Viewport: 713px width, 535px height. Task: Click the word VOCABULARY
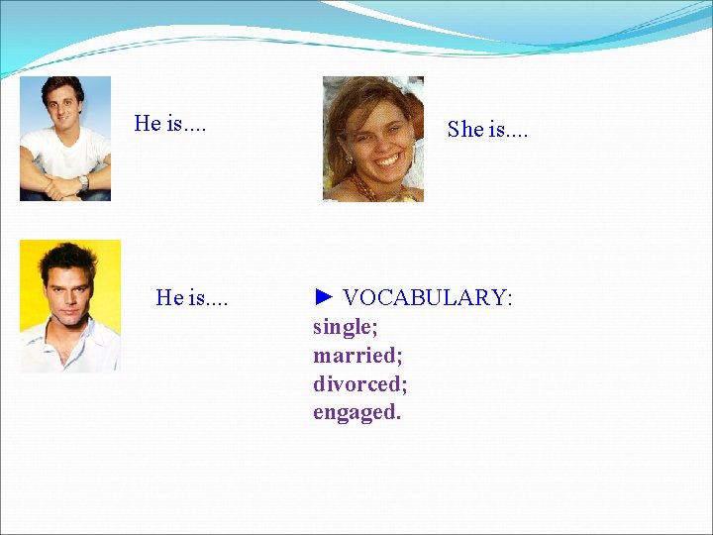click(427, 297)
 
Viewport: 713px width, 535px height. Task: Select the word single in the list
click(345, 326)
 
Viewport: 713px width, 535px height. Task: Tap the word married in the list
click(356, 355)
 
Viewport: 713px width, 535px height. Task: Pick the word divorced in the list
click(359, 383)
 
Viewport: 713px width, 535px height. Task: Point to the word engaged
click(356, 412)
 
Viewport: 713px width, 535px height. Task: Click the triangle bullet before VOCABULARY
click(324, 297)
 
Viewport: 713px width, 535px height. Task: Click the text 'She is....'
click(487, 129)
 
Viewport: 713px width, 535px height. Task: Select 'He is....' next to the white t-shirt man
click(170, 124)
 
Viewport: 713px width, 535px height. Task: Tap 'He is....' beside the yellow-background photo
click(191, 297)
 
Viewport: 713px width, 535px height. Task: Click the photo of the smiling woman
click(373, 139)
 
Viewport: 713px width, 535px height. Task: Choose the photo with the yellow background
click(69, 306)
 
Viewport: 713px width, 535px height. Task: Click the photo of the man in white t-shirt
click(65, 139)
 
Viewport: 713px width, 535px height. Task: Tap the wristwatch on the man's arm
click(84, 182)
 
